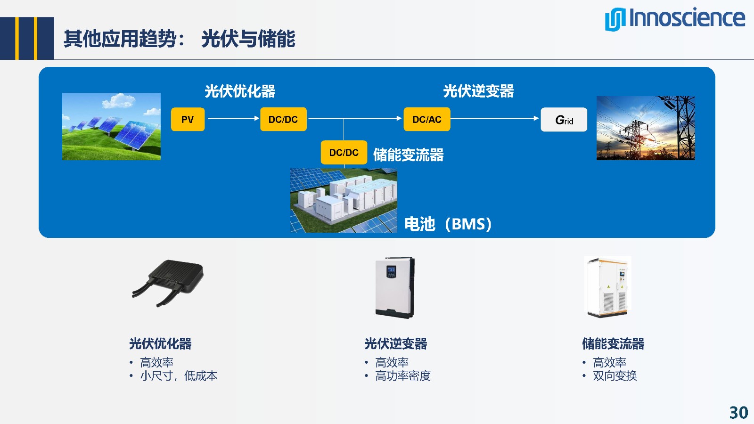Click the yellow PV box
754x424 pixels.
click(x=188, y=119)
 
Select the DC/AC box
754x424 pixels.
click(x=426, y=119)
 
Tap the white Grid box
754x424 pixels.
click(x=564, y=120)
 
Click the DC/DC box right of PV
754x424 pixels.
click(x=283, y=119)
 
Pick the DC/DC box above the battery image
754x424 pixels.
click(x=344, y=152)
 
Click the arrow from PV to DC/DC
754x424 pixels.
click(x=233, y=118)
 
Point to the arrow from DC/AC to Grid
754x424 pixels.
click(x=495, y=118)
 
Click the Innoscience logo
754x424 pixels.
click(x=674, y=19)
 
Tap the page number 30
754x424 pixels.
click(x=738, y=413)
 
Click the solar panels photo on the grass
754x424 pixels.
click(x=111, y=126)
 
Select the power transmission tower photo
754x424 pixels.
click(x=646, y=128)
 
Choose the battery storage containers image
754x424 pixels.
click(x=344, y=201)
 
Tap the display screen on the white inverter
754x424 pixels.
click(x=391, y=271)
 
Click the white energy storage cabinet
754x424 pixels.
click(x=608, y=286)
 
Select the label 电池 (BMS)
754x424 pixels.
click(x=448, y=224)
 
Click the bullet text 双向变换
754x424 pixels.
click(x=615, y=375)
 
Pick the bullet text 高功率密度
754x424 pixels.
click(x=402, y=375)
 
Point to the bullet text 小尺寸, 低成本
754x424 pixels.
click(x=179, y=375)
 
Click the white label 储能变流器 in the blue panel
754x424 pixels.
click(x=408, y=155)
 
